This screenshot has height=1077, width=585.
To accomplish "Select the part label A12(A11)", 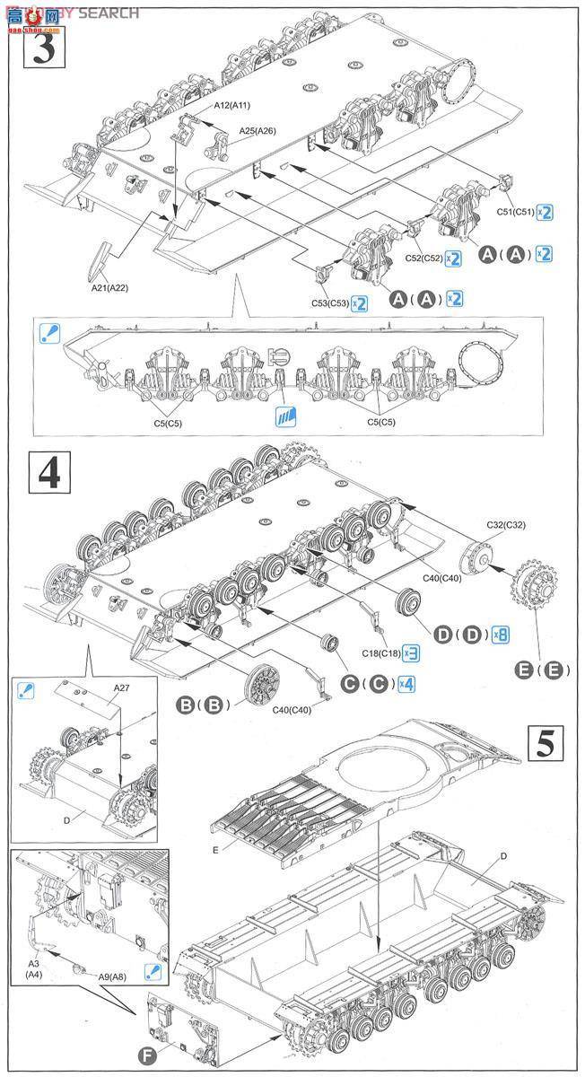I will click(232, 106).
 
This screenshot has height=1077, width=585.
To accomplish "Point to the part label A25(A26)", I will click(258, 131).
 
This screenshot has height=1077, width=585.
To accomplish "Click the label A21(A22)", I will click(110, 287).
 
